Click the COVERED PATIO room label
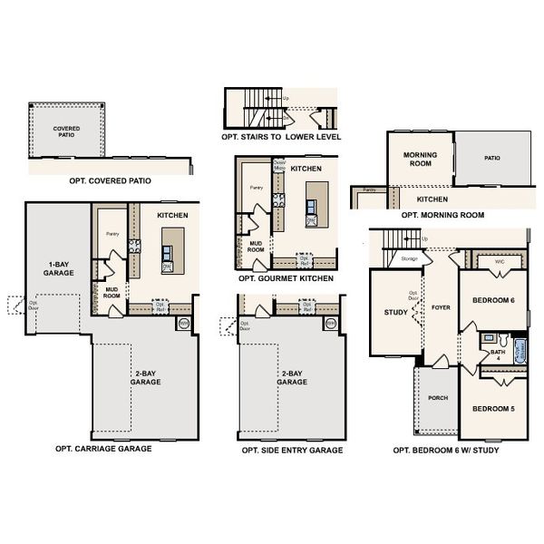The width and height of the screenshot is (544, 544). tap(66, 132)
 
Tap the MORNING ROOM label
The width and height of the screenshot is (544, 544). tap(420, 159)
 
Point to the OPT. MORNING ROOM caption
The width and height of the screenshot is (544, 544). tap(442, 215)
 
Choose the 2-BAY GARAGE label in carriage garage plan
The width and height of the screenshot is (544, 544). tap(146, 377)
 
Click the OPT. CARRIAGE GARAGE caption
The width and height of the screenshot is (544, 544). tap(103, 448)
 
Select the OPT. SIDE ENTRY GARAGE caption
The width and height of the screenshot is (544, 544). tap(292, 451)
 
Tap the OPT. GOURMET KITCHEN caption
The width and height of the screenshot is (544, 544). tap(284, 279)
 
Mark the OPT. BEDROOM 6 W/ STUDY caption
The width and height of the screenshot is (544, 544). tap(445, 450)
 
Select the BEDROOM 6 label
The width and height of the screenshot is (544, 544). tap(493, 300)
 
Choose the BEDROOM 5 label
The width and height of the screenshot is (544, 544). tap(493, 409)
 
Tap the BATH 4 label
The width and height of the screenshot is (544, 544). tap(497, 355)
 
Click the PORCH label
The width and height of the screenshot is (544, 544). tap(438, 397)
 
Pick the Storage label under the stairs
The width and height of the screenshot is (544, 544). tap(410, 259)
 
